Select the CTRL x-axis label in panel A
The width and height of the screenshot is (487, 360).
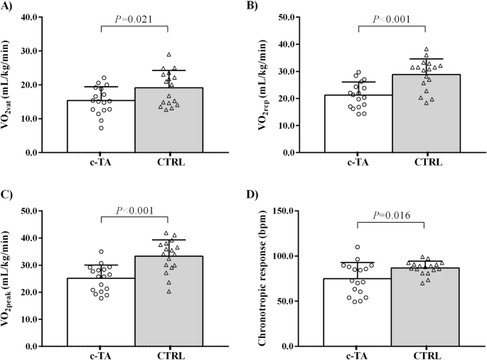168,163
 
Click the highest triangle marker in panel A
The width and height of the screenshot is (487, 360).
168,55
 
